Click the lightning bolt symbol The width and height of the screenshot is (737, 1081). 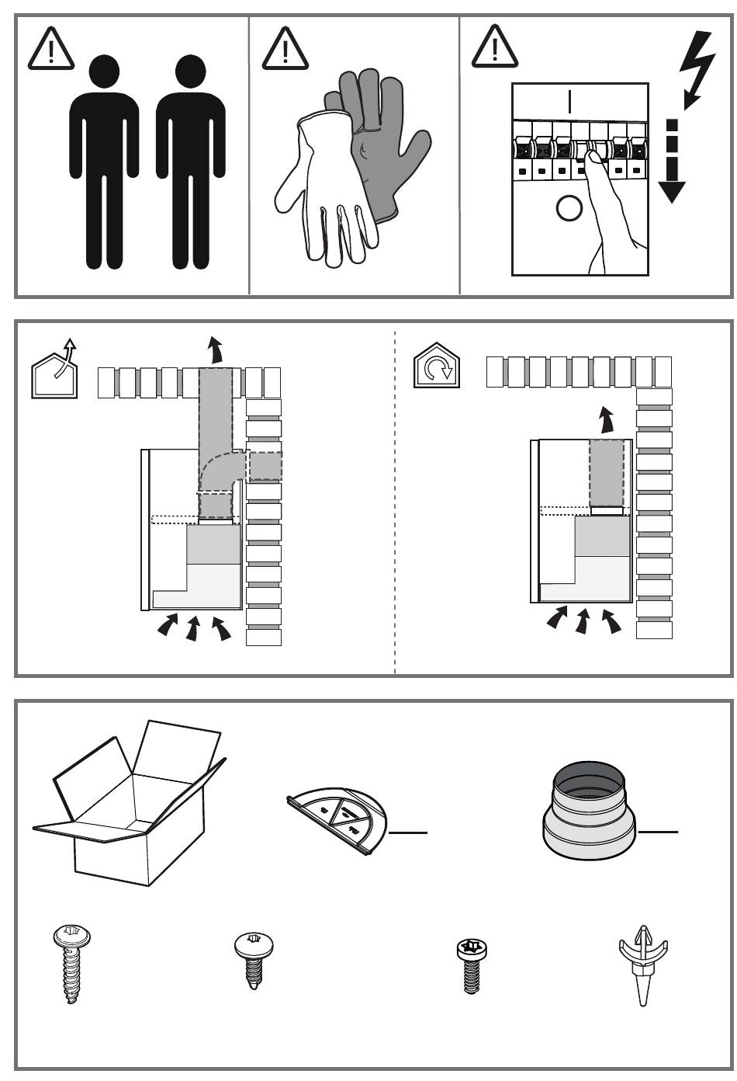696,70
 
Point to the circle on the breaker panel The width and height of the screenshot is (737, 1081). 569,208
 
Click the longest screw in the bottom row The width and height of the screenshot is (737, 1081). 68,963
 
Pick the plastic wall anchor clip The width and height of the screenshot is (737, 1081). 643,963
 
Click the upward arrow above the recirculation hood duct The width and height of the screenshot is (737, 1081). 607,420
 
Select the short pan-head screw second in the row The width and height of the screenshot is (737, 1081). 254,958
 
